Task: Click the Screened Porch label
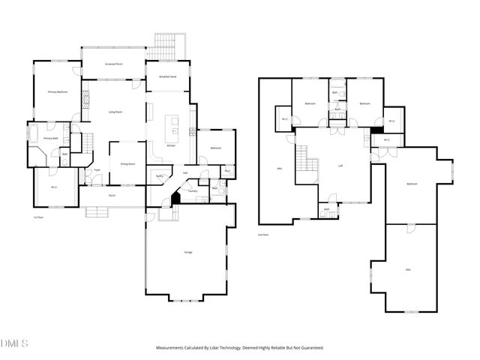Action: point(114,64)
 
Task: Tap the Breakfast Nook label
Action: point(167,76)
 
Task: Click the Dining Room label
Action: point(127,163)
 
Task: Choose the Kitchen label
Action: point(170,145)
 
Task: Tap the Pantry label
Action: point(160,176)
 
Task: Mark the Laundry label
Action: point(193,190)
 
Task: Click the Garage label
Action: point(187,252)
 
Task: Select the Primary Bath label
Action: point(50,139)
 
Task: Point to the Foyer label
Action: point(97,170)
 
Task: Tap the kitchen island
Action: point(175,122)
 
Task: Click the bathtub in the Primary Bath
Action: point(34,135)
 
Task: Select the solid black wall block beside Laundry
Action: point(175,199)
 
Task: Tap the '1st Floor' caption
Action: point(37,217)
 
